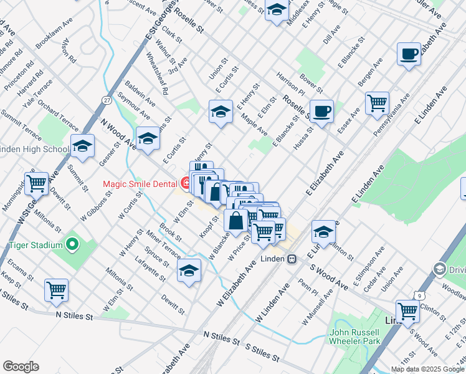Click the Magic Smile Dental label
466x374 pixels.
tap(140, 183)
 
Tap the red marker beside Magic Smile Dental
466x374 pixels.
tap(186, 183)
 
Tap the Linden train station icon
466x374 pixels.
tap(292, 259)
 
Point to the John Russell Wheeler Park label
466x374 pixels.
tap(354, 337)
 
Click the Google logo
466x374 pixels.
tap(21, 367)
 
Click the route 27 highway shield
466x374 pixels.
tap(107, 100)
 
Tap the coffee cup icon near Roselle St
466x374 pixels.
tap(321, 112)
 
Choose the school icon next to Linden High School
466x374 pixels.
tap(82, 146)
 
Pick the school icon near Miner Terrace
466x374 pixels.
tap(189, 271)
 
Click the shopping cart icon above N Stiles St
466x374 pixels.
tap(56, 289)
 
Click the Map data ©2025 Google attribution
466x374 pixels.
tap(427, 369)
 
